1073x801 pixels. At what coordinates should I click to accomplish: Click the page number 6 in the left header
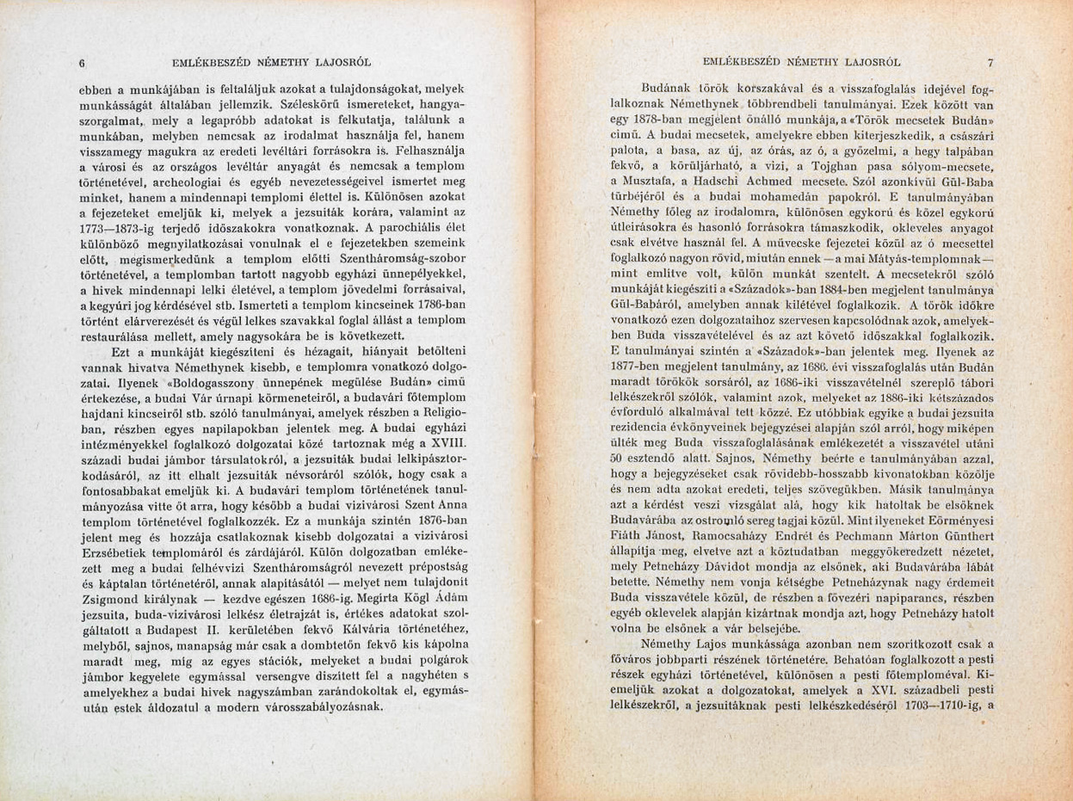81,62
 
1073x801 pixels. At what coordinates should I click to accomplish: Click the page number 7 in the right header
990,62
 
